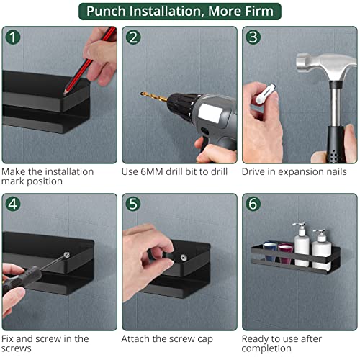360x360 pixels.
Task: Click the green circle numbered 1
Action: [x=13, y=37]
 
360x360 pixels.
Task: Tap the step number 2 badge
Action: [x=133, y=37]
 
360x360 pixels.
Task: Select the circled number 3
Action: [x=253, y=37]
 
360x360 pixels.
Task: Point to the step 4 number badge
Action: [x=13, y=204]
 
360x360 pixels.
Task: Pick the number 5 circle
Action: [x=133, y=204]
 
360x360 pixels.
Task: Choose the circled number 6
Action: [x=253, y=204]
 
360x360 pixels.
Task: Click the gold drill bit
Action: [x=154, y=96]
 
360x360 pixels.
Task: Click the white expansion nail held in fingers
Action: [x=265, y=94]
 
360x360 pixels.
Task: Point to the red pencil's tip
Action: [x=64, y=94]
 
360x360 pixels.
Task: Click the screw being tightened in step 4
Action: [x=67, y=255]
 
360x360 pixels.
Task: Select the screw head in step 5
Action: [x=184, y=258]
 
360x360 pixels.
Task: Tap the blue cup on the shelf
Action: [x=270, y=251]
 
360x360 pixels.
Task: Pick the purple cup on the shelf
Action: [x=286, y=253]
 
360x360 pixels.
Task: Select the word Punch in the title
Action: [x=106, y=11]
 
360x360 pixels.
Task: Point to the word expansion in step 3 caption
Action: [x=298, y=172]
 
